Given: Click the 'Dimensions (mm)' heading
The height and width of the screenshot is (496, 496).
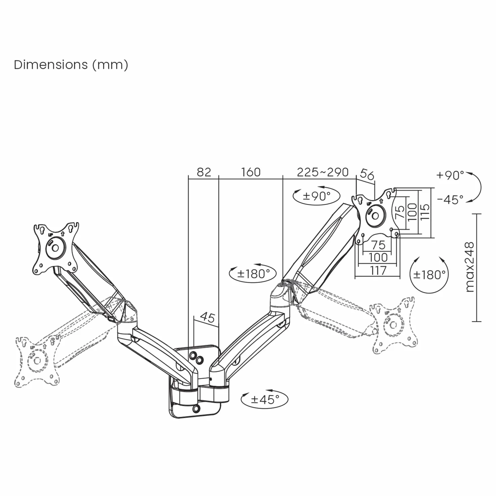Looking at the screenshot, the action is [71, 64].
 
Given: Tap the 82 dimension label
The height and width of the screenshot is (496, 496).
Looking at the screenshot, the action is [204, 172].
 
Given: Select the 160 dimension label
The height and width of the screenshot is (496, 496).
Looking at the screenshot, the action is [251, 172].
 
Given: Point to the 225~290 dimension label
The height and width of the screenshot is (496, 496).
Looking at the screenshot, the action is [323, 172].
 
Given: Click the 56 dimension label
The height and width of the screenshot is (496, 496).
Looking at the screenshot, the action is [367, 174].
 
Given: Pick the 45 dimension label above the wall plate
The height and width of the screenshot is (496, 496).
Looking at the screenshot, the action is [207, 318].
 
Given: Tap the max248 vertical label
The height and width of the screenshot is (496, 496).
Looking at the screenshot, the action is [470, 267].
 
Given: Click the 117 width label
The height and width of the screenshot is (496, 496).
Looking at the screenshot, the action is [378, 271].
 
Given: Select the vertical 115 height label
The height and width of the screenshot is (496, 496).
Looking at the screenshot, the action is [425, 212].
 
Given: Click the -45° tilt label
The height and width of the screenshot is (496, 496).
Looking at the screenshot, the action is [450, 199].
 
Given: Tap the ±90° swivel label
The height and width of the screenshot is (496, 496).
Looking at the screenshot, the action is [316, 196].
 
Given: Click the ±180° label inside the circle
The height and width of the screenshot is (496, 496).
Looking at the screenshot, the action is [429, 275].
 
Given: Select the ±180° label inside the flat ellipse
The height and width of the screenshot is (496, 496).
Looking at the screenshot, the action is [253, 274].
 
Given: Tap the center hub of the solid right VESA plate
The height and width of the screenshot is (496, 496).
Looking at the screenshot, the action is [376, 216].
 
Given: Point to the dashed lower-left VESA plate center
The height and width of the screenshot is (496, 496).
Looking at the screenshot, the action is [37, 361].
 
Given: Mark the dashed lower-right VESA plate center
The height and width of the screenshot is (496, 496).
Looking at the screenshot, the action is [393, 325].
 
